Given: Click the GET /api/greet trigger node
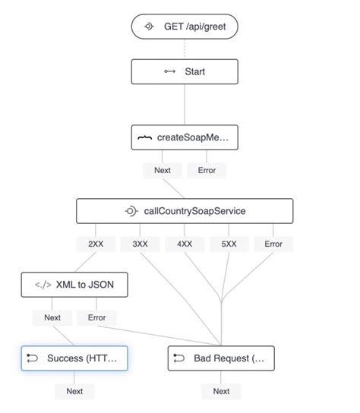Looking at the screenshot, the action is (x=185, y=27).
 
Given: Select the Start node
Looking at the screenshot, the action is (x=185, y=71).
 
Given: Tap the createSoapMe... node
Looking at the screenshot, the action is (x=185, y=137).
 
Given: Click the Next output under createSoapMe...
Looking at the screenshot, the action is (x=163, y=170).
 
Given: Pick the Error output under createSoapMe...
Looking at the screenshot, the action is (x=207, y=170).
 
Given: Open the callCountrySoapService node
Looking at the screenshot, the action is (x=185, y=211).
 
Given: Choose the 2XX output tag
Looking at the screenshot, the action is (x=96, y=244).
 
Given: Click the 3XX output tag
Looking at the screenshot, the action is (x=141, y=244).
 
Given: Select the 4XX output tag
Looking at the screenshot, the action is (x=185, y=244).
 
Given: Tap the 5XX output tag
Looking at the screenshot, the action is (x=229, y=244).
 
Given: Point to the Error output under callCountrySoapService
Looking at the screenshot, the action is (x=273, y=244).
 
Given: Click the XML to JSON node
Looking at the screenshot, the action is (x=74, y=285).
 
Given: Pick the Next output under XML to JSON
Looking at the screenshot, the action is (x=52, y=317).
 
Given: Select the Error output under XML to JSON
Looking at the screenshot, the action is (x=96, y=317).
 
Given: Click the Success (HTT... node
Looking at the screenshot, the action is (x=74, y=358).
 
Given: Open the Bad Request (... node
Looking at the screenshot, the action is (x=221, y=358).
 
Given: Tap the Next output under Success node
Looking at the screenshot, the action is (x=74, y=391).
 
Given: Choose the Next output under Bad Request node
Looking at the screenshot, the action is (x=221, y=391).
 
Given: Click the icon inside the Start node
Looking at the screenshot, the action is (x=170, y=71).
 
